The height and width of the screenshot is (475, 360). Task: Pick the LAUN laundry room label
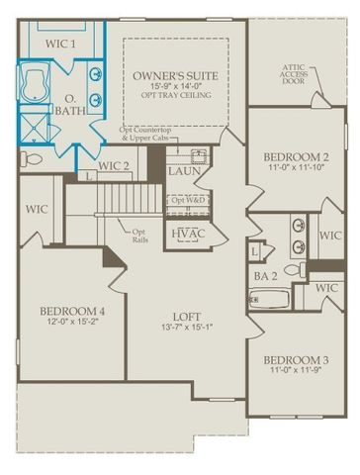pyautogui.click(x=185, y=171)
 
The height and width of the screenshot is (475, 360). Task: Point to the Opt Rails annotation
pyautogui.click(x=139, y=237)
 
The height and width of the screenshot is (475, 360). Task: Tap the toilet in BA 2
pyautogui.click(x=294, y=269)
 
